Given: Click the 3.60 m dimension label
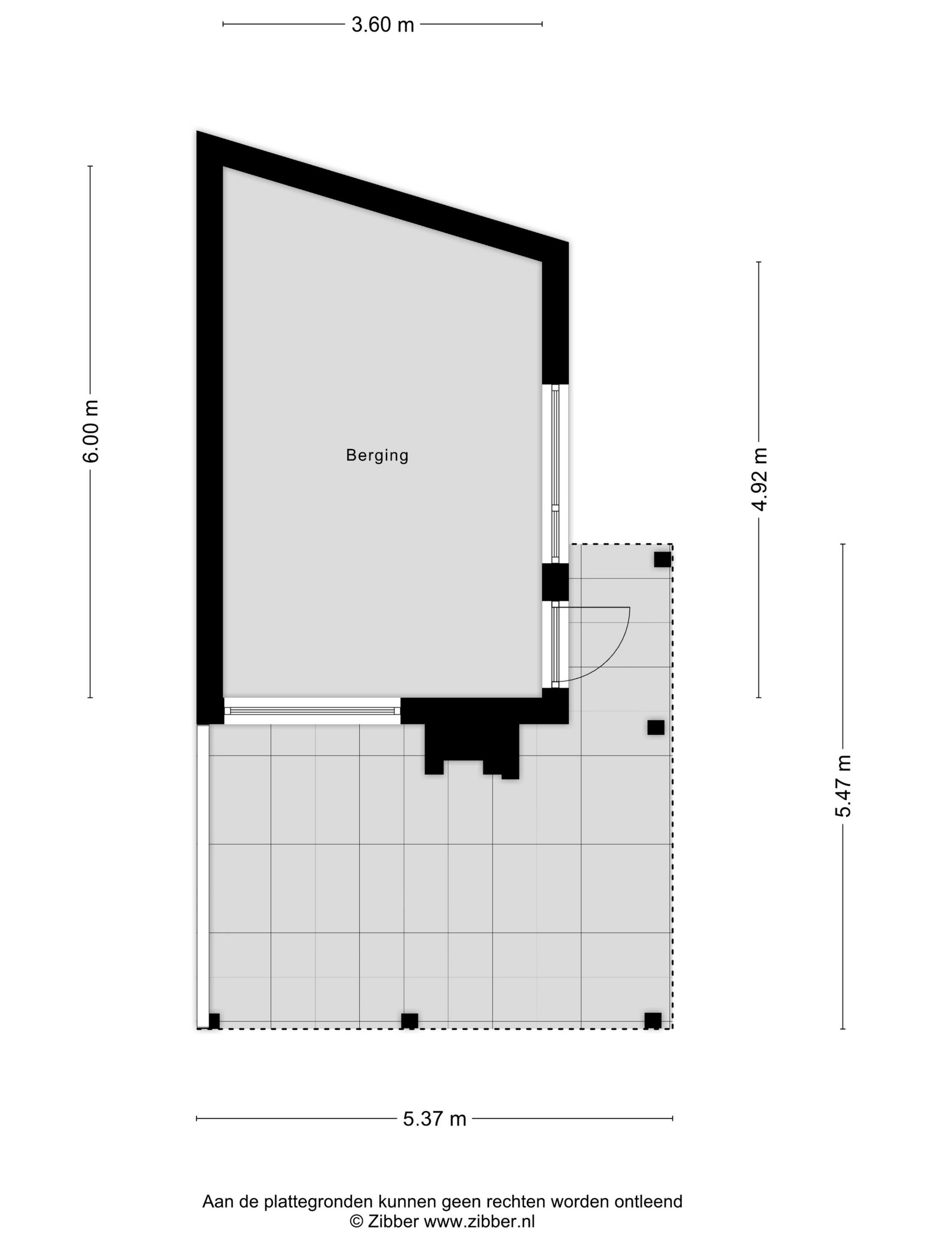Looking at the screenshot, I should (383, 25).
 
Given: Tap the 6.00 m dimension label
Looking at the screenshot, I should (91, 431).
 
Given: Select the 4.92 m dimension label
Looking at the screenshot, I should (759, 479).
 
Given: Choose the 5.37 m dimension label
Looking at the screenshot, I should (434, 1119).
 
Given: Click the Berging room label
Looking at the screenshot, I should (377, 455).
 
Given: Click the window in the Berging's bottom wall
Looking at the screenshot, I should (312, 711).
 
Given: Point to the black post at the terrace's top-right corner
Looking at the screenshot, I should (662, 559).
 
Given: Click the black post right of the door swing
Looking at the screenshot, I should (655, 727).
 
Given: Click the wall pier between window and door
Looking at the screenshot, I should (555, 582).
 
